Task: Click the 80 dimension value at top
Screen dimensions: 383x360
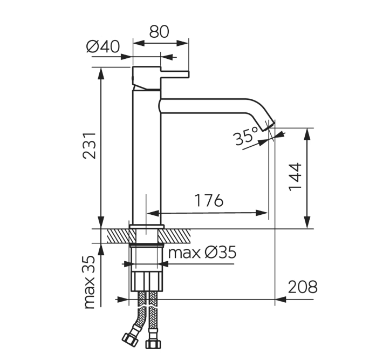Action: click(159, 31)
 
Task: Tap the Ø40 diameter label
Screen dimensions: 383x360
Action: click(103, 46)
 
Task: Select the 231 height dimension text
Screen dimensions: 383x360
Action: click(89, 146)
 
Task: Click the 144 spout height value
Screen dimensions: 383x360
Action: click(295, 177)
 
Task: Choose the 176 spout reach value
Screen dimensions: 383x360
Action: click(209, 200)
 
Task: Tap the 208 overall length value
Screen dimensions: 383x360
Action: click(303, 287)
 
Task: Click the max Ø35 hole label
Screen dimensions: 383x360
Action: click(202, 252)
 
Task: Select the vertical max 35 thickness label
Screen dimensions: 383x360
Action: click(89, 282)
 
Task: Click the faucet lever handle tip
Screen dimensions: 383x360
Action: click(188, 74)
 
